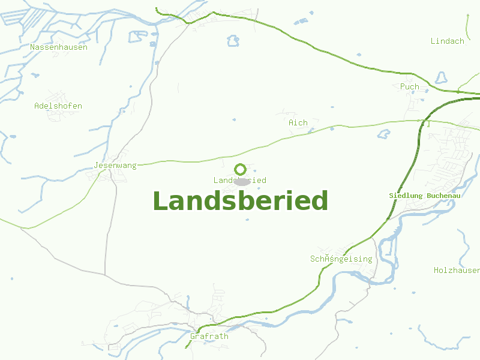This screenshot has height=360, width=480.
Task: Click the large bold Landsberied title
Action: coord(240,201)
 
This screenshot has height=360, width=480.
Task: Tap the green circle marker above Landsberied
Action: coord(240,169)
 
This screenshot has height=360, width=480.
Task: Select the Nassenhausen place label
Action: coord(59,47)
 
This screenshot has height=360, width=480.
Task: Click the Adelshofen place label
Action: coord(58,106)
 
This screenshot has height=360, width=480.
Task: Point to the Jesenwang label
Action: coord(115,165)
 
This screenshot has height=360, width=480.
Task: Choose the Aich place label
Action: coord(298,122)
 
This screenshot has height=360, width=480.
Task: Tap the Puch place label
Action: coord(410,86)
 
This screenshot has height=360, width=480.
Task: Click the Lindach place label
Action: coord(448,41)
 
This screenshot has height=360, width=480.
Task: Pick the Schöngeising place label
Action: coord(341,259)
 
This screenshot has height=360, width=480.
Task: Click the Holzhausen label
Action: coord(457,271)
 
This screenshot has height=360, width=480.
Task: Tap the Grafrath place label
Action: coord(209,336)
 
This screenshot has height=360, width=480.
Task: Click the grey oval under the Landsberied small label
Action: coord(242,181)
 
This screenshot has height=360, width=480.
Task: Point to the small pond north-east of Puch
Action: coord(442,78)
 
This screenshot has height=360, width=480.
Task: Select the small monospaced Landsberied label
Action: coord(240,180)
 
